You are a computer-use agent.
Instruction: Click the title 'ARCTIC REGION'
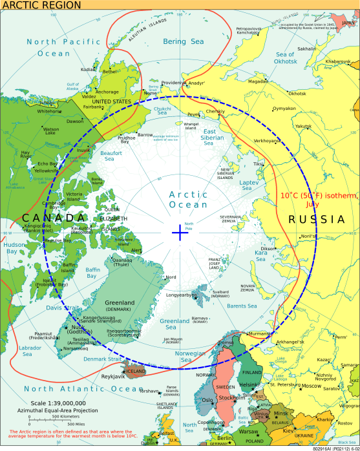coord(41,5)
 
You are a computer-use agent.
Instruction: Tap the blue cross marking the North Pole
coord(180,232)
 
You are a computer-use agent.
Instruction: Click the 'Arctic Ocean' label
coord(188,200)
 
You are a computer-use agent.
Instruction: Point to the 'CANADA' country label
coord(53,218)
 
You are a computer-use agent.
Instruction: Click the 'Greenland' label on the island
coord(120,302)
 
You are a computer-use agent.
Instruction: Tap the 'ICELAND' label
coord(136,372)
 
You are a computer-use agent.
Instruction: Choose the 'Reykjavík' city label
coord(114,376)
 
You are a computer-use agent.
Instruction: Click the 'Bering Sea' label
coord(183,41)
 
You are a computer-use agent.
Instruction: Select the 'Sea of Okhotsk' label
coord(285,58)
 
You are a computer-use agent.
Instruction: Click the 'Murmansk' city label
coord(260,333)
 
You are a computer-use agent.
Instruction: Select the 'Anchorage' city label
coord(107,92)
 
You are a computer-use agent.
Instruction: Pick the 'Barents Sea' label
coord(241,306)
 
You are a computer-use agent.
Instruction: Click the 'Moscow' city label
coord(311,386)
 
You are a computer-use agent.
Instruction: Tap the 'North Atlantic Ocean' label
coord(83,389)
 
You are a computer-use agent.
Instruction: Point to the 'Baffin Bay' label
coord(93,273)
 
